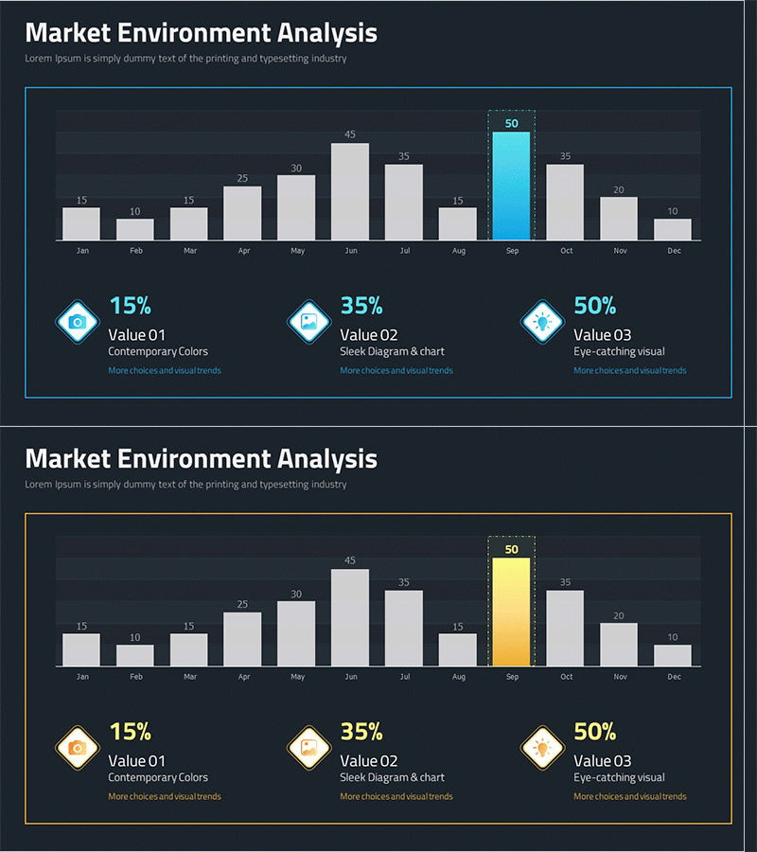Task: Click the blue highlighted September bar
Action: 511,186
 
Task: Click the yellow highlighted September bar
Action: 511,612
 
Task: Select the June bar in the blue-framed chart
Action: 349,192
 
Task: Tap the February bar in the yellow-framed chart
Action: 134,655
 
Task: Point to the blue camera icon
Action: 78,322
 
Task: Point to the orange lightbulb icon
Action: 542,748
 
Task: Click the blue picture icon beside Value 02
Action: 308,322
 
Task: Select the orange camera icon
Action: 78,748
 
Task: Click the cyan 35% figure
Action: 361,306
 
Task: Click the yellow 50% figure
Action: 595,732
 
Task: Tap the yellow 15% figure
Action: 130,732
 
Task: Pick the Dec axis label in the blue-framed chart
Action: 674,251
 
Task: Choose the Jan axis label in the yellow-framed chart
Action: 82,677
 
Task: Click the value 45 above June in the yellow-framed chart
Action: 350,560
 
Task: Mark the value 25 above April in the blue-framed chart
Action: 242,178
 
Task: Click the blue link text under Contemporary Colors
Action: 165,370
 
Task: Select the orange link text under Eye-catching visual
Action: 630,796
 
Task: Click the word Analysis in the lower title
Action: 327,459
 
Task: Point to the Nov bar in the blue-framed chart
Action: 619,219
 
